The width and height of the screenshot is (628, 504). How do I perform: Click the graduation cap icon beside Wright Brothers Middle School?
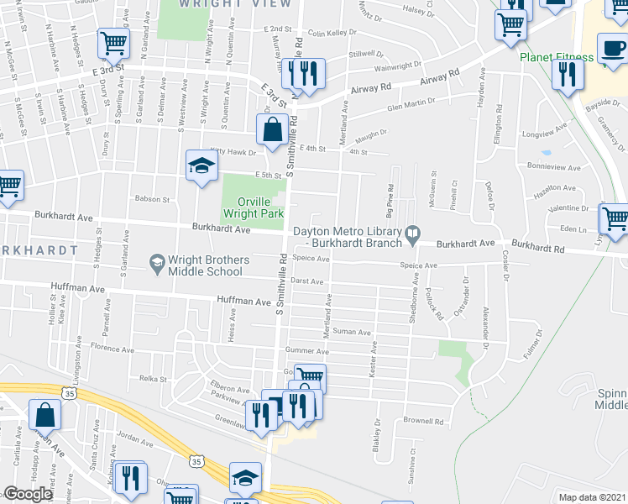(x=157, y=265)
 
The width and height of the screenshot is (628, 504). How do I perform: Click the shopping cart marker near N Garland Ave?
(x=113, y=44)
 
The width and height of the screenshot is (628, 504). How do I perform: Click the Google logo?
(x=28, y=494)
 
